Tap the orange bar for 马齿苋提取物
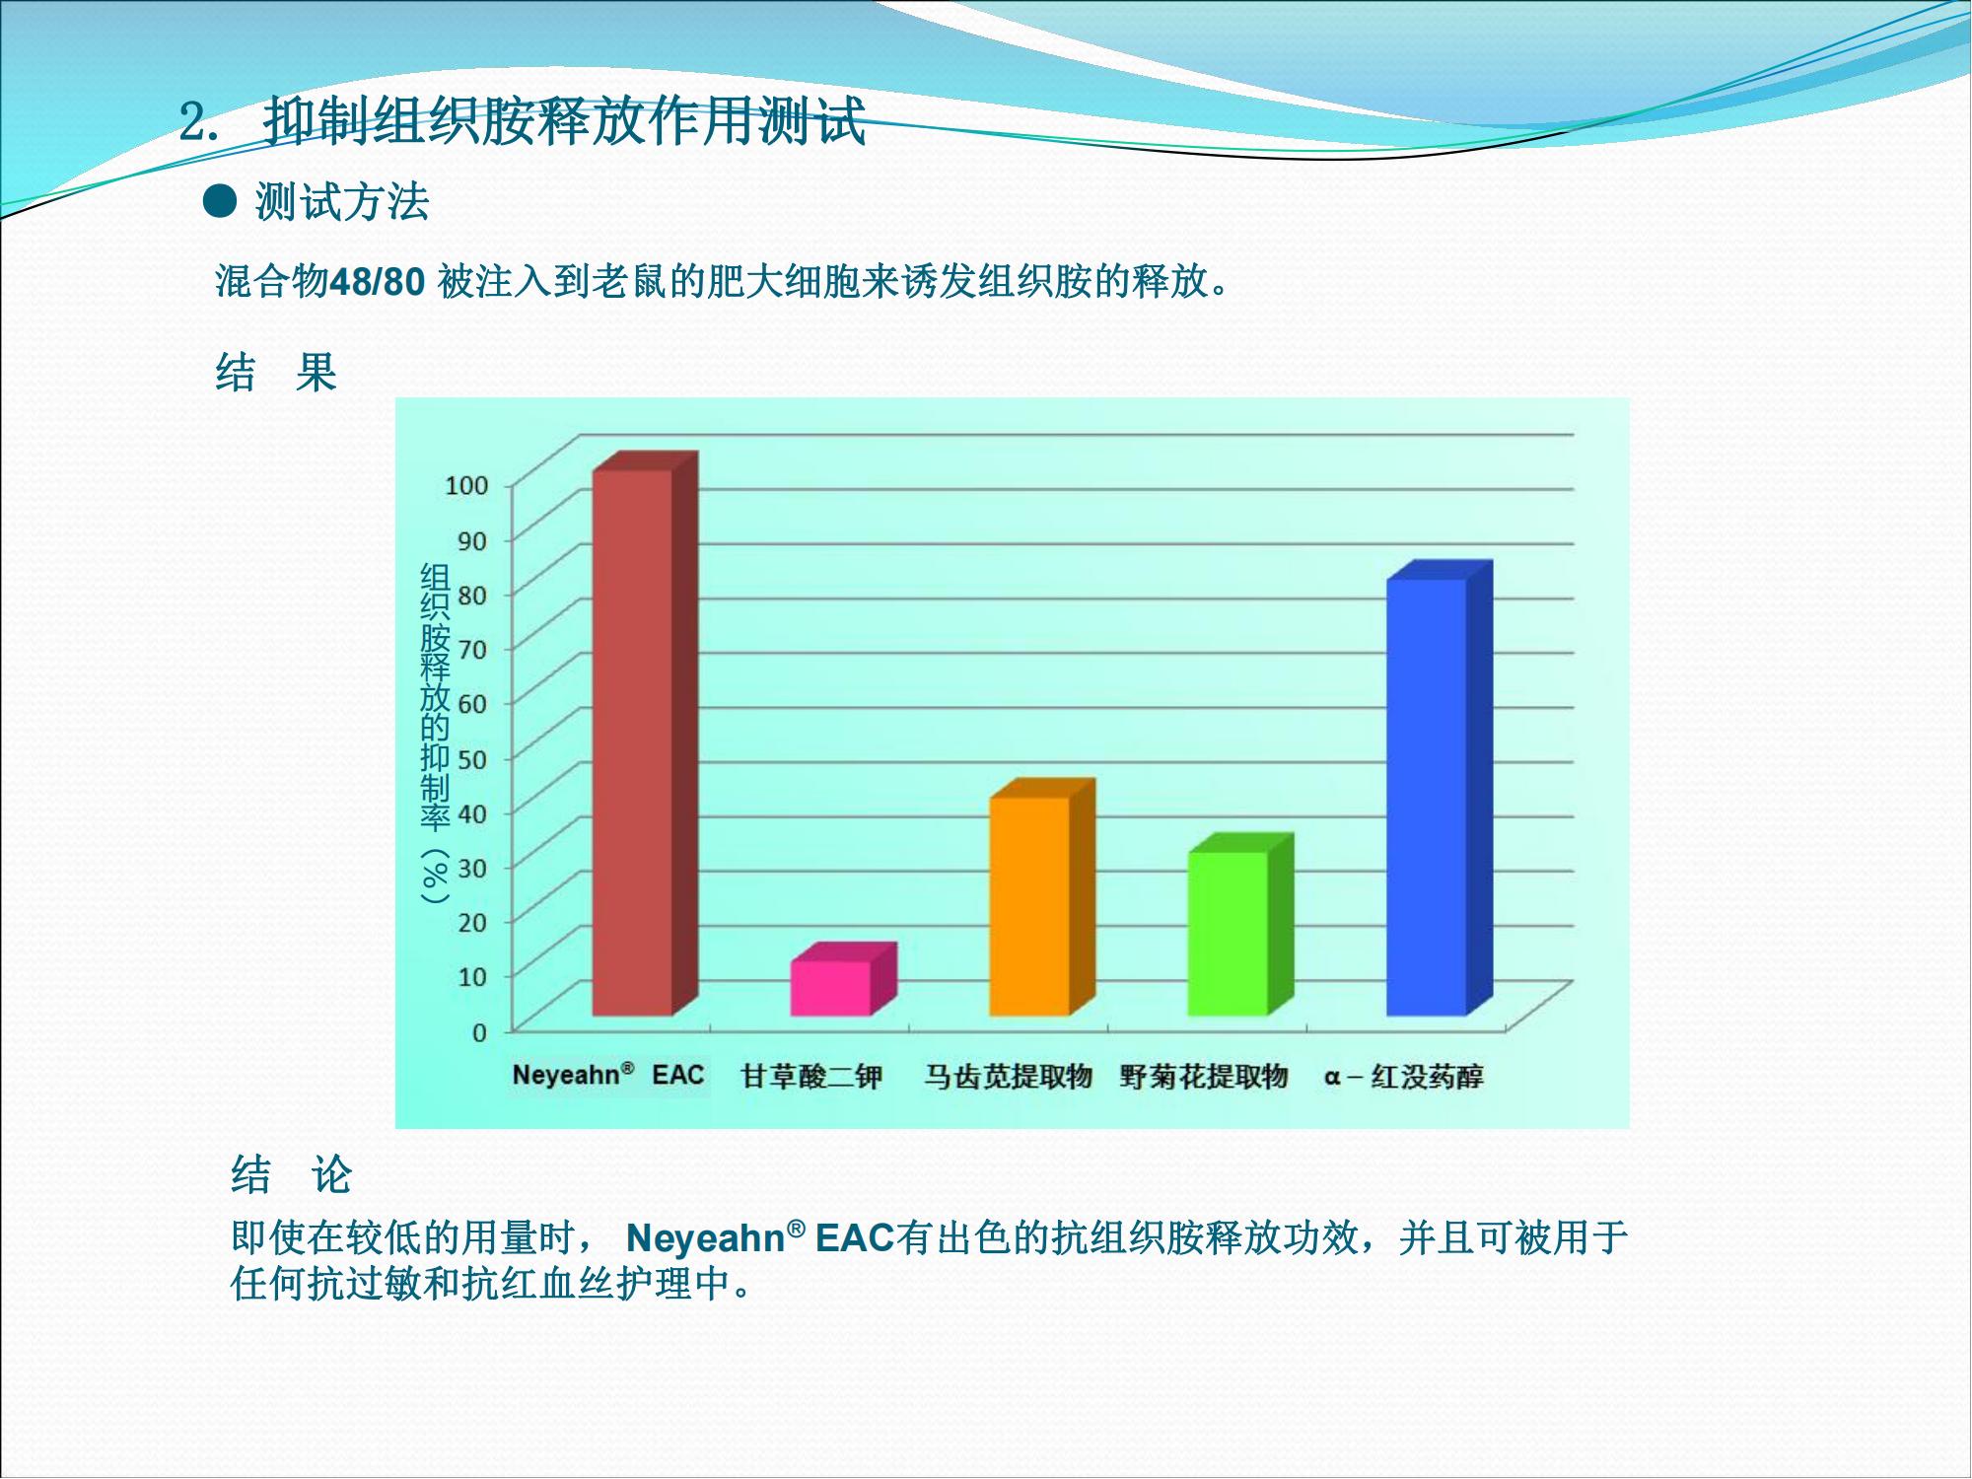(1042, 897)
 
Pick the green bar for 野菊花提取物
(1240, 925)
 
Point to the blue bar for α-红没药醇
(1440, 789)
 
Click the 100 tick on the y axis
(466, 485)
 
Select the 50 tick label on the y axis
(472, 759)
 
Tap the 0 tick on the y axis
(480, 1032)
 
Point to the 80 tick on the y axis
(472, 595)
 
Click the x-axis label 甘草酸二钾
(811, 1076)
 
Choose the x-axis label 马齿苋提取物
(1008, 1076)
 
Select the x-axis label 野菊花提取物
(1204, 1076)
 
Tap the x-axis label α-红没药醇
(1404, 1076)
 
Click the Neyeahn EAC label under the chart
(608, 1075)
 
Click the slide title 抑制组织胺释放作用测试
(564, 121)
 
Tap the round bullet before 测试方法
(220, 202)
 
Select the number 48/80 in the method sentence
(377, 283)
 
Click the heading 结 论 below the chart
(292, 1174)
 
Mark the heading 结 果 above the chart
(276, 373)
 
